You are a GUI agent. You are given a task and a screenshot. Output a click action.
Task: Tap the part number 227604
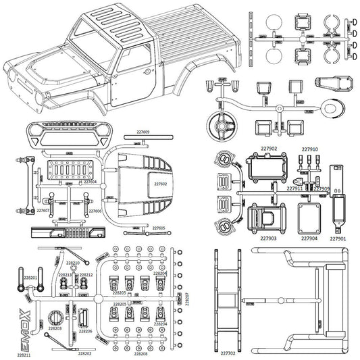90,182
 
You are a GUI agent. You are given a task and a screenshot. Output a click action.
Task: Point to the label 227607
43,211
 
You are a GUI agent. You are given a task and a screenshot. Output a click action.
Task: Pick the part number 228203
55,328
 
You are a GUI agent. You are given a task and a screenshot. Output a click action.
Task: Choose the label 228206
85,331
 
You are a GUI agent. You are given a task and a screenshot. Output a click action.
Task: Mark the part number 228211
24,355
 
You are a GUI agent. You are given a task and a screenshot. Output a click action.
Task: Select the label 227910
309,149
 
